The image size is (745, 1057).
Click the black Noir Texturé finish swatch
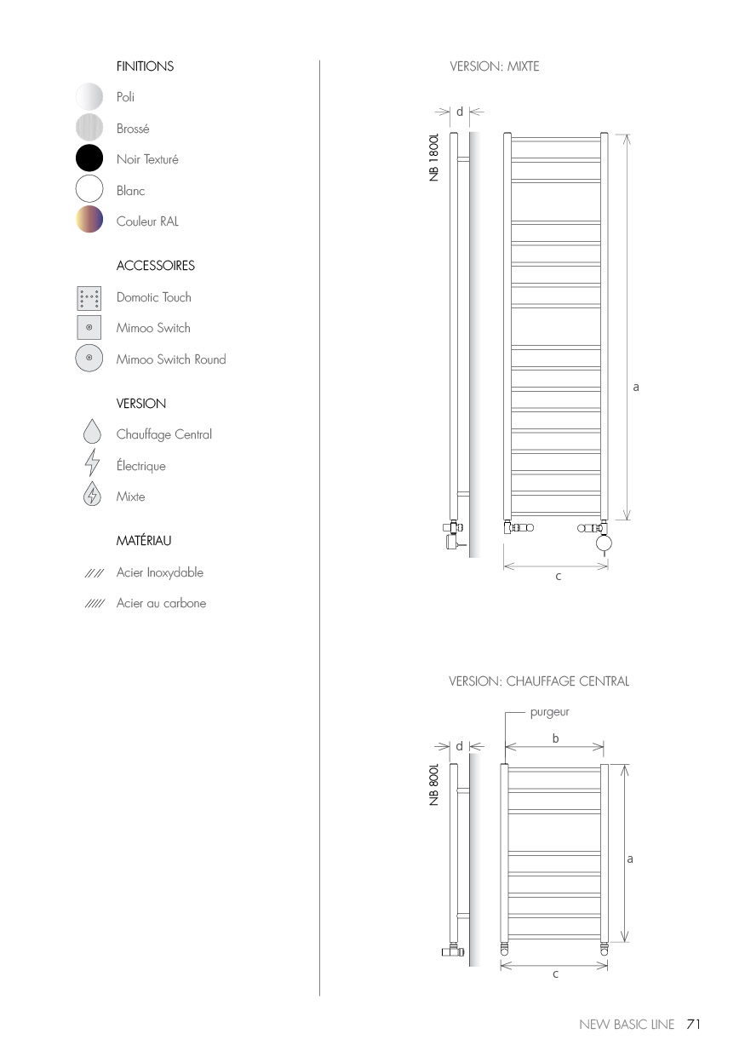click(x=89, y=159)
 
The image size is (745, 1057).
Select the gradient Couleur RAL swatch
click(x=89, y=221)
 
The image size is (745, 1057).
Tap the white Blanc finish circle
click(x=89, y=190)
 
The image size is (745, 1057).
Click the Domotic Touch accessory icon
click(x=89, y=298)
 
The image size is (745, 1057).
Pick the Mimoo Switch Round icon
click(x=89, y=359)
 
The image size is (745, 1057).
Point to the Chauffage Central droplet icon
click(x=91, y=434)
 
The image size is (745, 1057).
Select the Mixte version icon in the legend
click(x=91, y=496)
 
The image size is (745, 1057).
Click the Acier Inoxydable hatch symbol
click(x=94, y=573)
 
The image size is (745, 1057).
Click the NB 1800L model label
click(x=434, y=157)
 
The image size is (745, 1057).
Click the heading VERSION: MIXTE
click(x=494, y=66)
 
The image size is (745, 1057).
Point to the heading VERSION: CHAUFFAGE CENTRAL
click(x=538, y=681)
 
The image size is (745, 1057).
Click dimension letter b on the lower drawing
click(x=555, y=738)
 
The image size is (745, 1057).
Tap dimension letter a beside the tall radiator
click(x=636, y=387)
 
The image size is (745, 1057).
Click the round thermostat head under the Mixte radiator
click(x=604, y=543)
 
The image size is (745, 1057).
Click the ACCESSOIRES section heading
click(x=155, y=266)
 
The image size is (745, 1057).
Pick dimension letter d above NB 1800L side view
click(x=460, y=112)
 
